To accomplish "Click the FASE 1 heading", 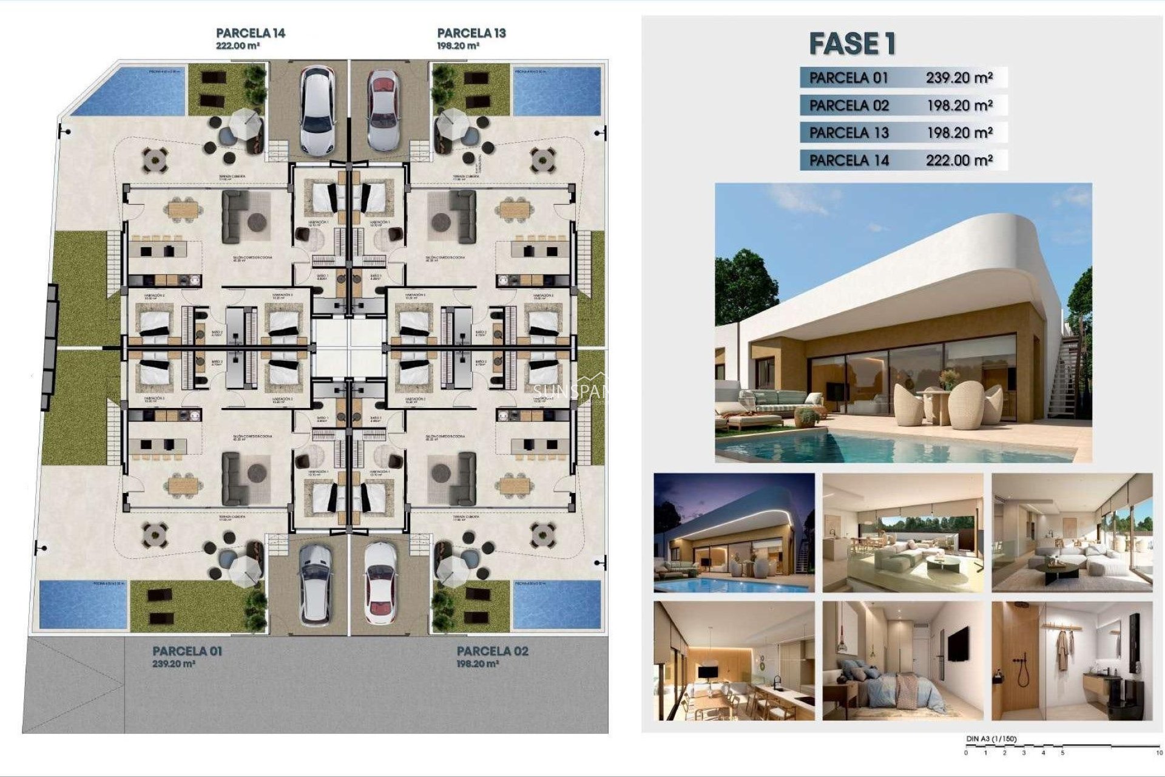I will (x=852, y=44).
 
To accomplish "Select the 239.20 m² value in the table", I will (x=959, y=78).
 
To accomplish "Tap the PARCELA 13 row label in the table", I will (x=848, y=133).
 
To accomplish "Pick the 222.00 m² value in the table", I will (x=959, y=160).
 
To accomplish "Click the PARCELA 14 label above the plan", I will (x=250, y=33).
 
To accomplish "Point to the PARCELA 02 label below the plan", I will (x=492, y=651).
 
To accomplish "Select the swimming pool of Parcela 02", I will (x=556, y=605).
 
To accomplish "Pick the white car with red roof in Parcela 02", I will (x=380, y=584).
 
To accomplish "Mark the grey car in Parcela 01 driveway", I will (x=315, y=584).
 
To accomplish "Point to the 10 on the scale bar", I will (x=1160, y=753).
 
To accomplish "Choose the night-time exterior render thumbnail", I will (x=734, y=532).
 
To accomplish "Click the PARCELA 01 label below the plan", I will (x=187, y=651).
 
